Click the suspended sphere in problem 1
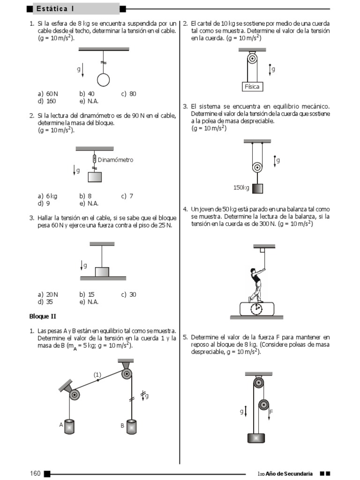(x=103, y=80)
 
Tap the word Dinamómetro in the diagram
(x=115, y=160)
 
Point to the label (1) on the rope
(x=97, y=375)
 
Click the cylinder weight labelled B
(x=132, y=427)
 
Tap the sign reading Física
(x=252, y=87)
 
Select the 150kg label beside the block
(x=241, y=187)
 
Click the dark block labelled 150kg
(x=257, y=188)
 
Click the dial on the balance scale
(x=256, y=309)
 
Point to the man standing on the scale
(x=256, y=284)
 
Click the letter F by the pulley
(x=271, y=412)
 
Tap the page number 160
(x=36, y=473)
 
